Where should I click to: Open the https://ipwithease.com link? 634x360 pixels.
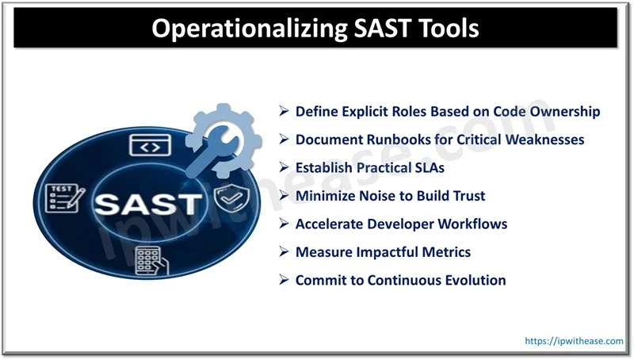pos(575,340)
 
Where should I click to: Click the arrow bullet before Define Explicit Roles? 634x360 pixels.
pos(285,112)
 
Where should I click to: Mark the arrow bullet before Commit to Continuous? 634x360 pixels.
pos(285,281)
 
